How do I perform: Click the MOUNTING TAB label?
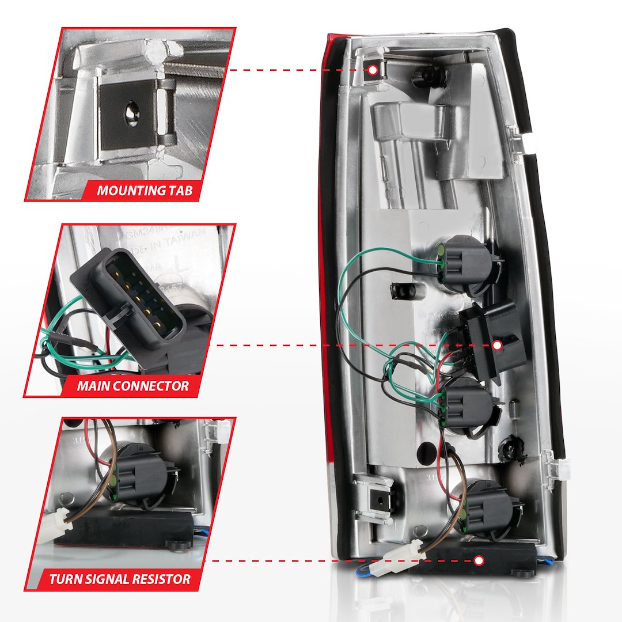point(145,190)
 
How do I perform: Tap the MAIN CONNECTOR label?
point(133,385)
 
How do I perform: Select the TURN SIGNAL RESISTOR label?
point(120,578)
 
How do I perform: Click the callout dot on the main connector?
point(497,345)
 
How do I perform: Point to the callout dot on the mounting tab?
point(373,70)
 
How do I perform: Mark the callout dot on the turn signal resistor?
point(479,560)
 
